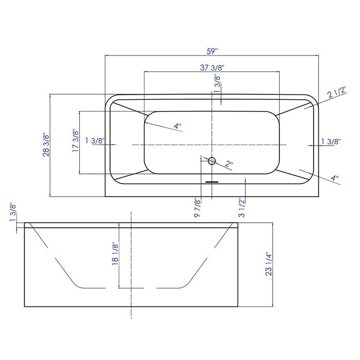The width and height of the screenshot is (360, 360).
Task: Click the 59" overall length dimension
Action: (x=212, y=51)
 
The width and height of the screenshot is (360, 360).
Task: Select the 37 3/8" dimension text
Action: (x=212, y=67)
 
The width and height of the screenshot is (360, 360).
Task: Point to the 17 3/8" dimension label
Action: (x=76, y=141)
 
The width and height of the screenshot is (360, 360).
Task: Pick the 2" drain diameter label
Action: (x=229, y=165)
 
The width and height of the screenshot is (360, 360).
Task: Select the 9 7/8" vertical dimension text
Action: (x=196, y=208)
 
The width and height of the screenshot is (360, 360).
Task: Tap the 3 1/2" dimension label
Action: (x=241, y=208)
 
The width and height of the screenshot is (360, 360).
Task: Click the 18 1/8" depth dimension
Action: (x=115, y=254)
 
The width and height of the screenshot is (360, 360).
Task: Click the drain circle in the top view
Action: (x=211, y=161)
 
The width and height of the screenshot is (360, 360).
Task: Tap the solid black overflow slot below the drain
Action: (x=212, y=181)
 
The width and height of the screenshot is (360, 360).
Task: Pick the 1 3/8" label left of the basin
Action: (x=95, y=141)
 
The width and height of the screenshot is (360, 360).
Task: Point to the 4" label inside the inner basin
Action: (x=177, y=126)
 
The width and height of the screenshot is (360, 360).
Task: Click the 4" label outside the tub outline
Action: (x=335, y=179)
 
